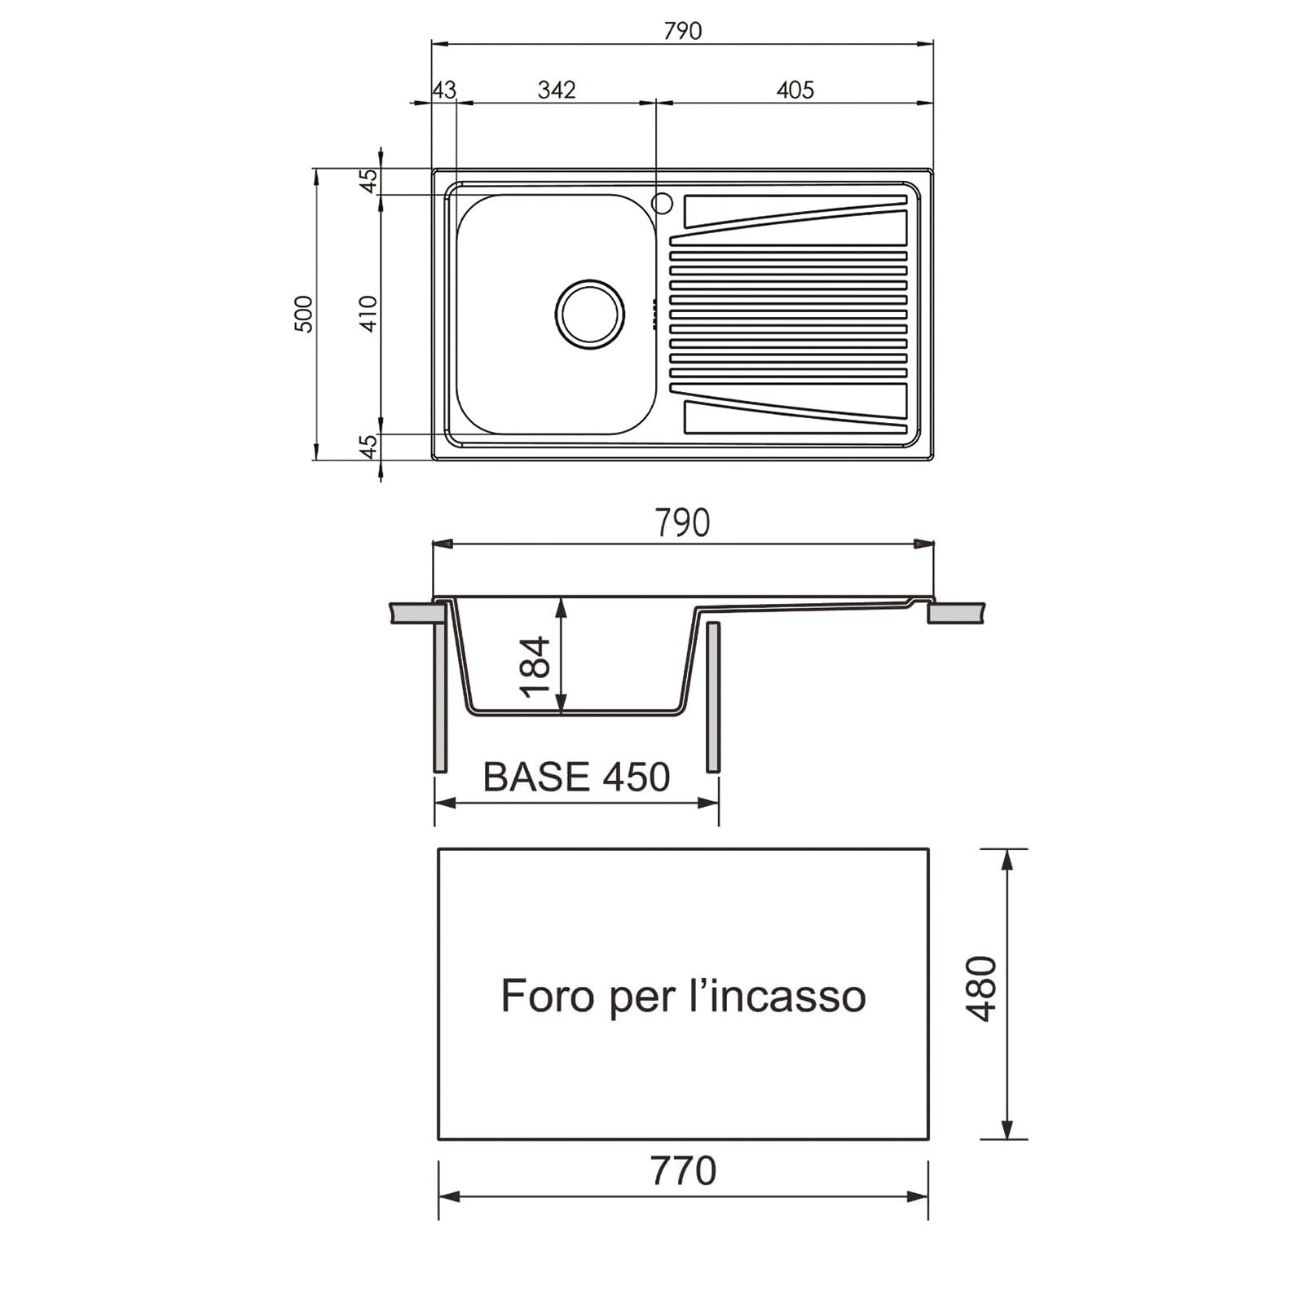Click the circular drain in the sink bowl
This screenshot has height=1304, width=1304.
tap(590, 315)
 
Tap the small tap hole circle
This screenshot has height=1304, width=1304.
tap(662, 203)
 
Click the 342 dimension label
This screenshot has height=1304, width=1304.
tap(557, 90)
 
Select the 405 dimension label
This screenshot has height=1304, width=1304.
tap(795, 90)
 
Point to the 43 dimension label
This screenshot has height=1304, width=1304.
tap(444, 90)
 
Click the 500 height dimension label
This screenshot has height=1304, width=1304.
tap(303, 314)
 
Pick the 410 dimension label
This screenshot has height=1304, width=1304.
tap(368, 314)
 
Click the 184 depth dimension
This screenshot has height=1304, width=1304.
tap(535, 667)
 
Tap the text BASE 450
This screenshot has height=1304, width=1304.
tap(576, 777)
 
